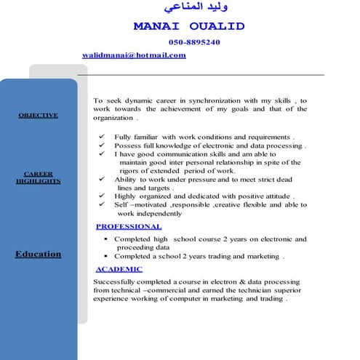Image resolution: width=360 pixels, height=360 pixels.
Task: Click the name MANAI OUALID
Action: [x=189, y=27]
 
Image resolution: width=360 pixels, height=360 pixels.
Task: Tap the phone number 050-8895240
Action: [x=193, y=42]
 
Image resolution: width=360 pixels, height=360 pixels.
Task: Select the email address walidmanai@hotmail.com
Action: [x=135, y=55]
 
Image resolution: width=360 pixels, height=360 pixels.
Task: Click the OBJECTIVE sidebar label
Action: [x=38, y=116]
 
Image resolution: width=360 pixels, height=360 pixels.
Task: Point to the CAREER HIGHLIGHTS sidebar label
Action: [x=38, y=177]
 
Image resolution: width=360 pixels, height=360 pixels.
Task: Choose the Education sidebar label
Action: [x=38, y=254]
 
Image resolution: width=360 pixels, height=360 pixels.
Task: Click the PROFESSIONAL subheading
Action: [x=129, y=227]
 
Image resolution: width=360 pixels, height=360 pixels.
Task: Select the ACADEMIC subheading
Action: [x=119, y=269]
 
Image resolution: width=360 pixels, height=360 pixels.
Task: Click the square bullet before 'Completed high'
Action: [x=105, y=239]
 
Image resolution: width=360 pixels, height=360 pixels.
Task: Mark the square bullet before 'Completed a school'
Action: [x=105, y=256]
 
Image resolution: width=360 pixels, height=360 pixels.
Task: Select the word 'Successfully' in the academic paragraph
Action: [x=116, y=281]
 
